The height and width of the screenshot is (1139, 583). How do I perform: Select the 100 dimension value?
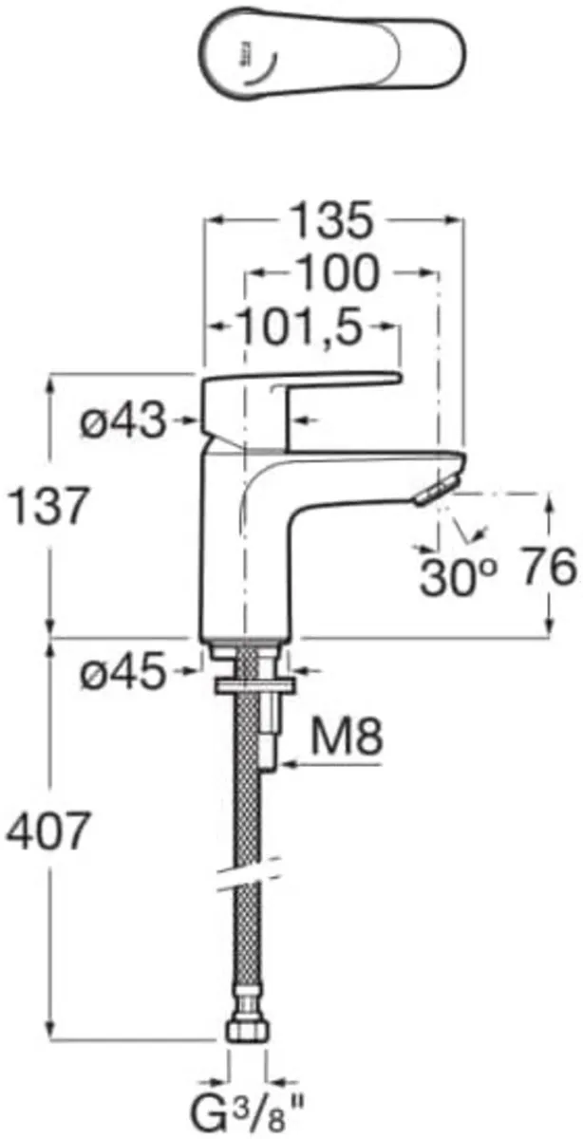click(x=336, y=274)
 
